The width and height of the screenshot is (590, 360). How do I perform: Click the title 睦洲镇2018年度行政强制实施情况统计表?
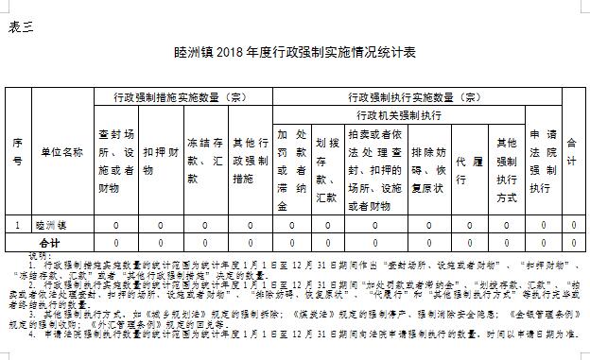[295, 51]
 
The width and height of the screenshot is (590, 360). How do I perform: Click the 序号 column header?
[17, 152]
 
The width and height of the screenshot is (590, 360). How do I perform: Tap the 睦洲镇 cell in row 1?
[53, 226]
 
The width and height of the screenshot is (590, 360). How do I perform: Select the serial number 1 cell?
[17, 226]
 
